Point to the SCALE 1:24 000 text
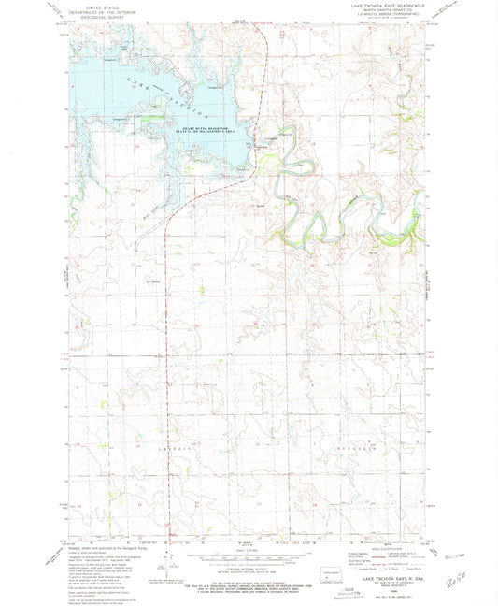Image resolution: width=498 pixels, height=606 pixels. [249, 550]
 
